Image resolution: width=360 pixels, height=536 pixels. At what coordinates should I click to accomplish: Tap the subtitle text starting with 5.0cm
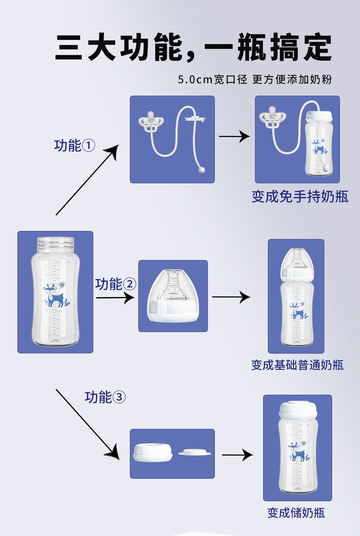pos(255,79)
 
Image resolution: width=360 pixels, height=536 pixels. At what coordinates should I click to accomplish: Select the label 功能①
pos(74,146)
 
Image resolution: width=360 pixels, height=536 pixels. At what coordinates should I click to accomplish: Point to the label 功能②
pos(115,284)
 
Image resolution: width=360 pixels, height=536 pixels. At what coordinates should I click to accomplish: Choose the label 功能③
pos(105,397)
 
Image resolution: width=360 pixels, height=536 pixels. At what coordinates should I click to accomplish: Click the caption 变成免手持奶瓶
pos(300,197)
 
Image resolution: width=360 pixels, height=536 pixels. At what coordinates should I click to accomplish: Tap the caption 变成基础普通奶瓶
pos(297,365)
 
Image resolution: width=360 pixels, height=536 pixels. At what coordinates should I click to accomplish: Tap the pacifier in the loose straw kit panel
pos(151,121)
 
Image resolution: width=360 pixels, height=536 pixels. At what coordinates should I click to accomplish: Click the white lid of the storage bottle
pos(298,409)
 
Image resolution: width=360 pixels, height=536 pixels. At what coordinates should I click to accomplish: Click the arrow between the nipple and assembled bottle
pos(231,297)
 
